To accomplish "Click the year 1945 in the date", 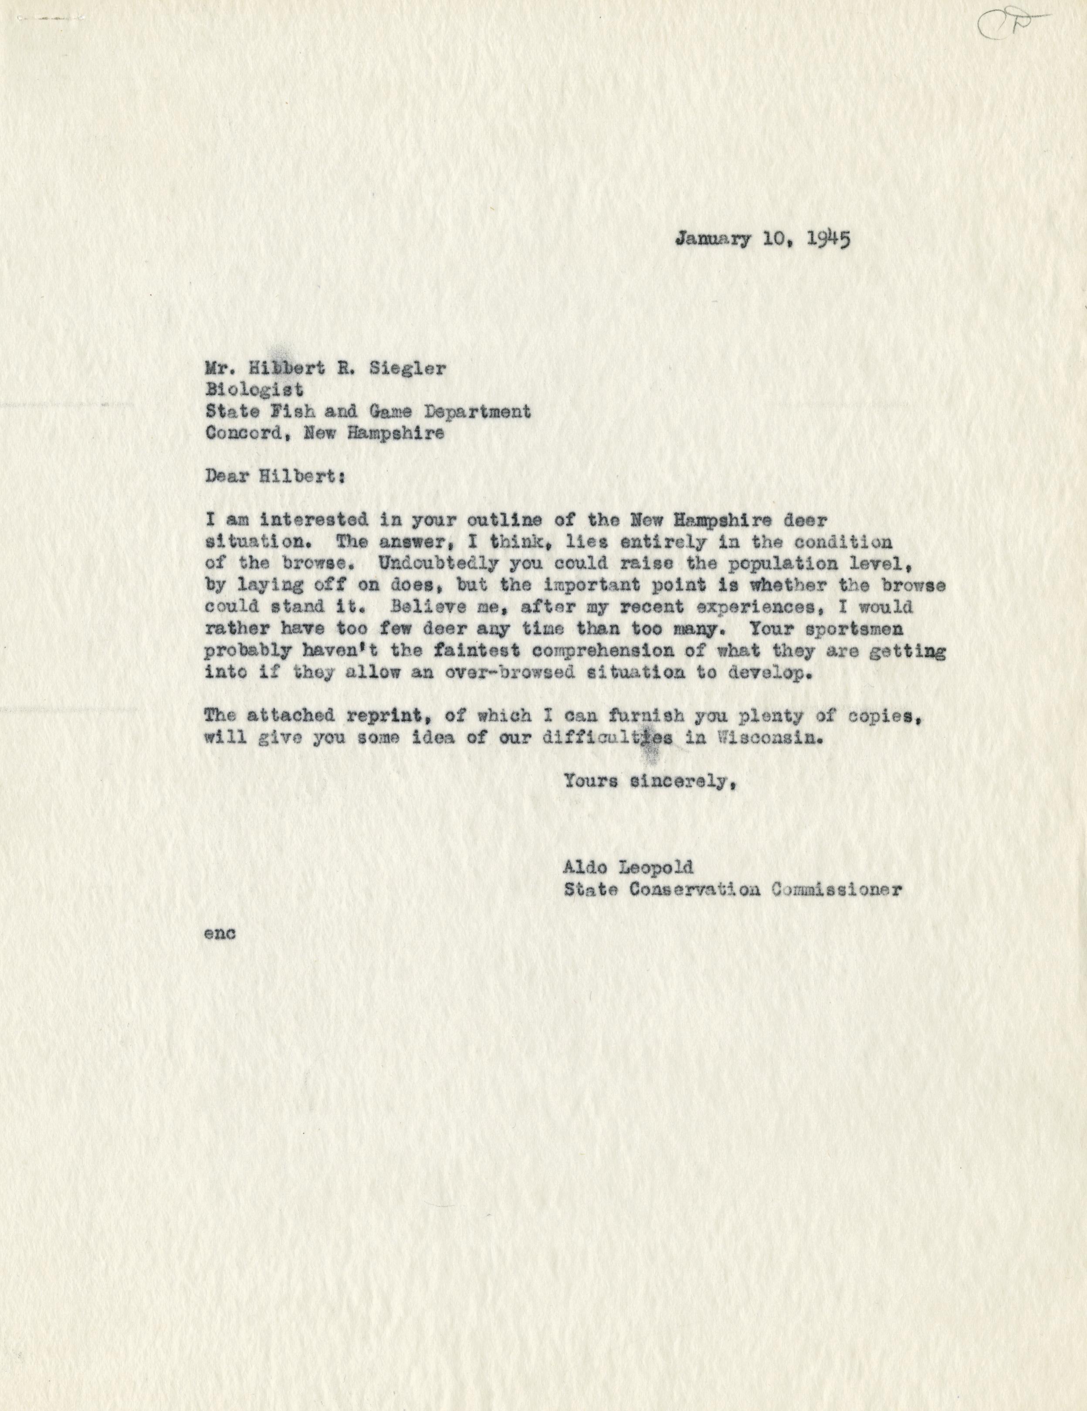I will click(x=829, y=240).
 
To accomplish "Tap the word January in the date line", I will click(x=714, y=240).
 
